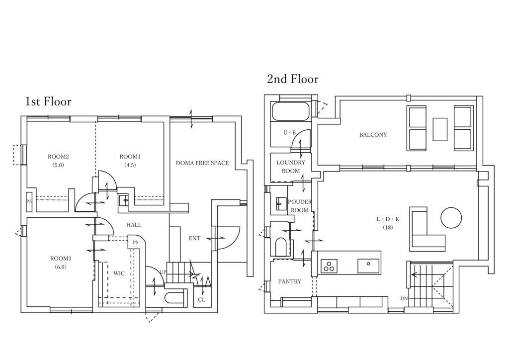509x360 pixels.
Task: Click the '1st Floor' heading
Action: [48, 101]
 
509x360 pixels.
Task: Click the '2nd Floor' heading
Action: [293, 79]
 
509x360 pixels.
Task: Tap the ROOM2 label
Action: [58, 157]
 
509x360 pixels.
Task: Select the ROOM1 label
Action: [130, 157]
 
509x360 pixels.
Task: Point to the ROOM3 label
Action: [60, 259]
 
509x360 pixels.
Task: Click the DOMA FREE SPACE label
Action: [202, 163]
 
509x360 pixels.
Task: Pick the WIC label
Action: [119, 273]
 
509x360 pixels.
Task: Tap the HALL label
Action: [134, 225]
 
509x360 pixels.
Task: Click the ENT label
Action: [194, 238]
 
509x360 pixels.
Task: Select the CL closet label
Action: [202, 300]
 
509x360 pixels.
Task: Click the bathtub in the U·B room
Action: [290, 111]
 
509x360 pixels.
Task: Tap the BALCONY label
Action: [373, 135]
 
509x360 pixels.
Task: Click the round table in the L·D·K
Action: [451, 217]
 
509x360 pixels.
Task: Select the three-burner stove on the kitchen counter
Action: [329, 266]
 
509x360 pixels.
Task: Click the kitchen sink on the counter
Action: [368, 266]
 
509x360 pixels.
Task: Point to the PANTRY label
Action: [290, 281]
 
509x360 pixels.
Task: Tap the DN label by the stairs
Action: [404, 298]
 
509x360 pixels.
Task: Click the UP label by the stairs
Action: [163, 272]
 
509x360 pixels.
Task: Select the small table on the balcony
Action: [440, 129]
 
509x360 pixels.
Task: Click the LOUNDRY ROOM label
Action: [290, 167]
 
